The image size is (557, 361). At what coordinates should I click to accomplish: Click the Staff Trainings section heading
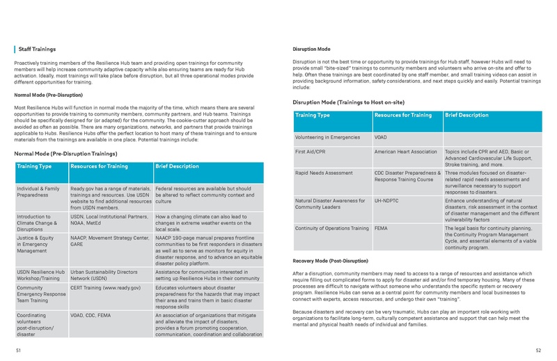38,49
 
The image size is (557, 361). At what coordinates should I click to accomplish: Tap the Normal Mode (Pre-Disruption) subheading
48,94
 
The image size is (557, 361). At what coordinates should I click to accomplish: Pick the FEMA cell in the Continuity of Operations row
382,228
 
